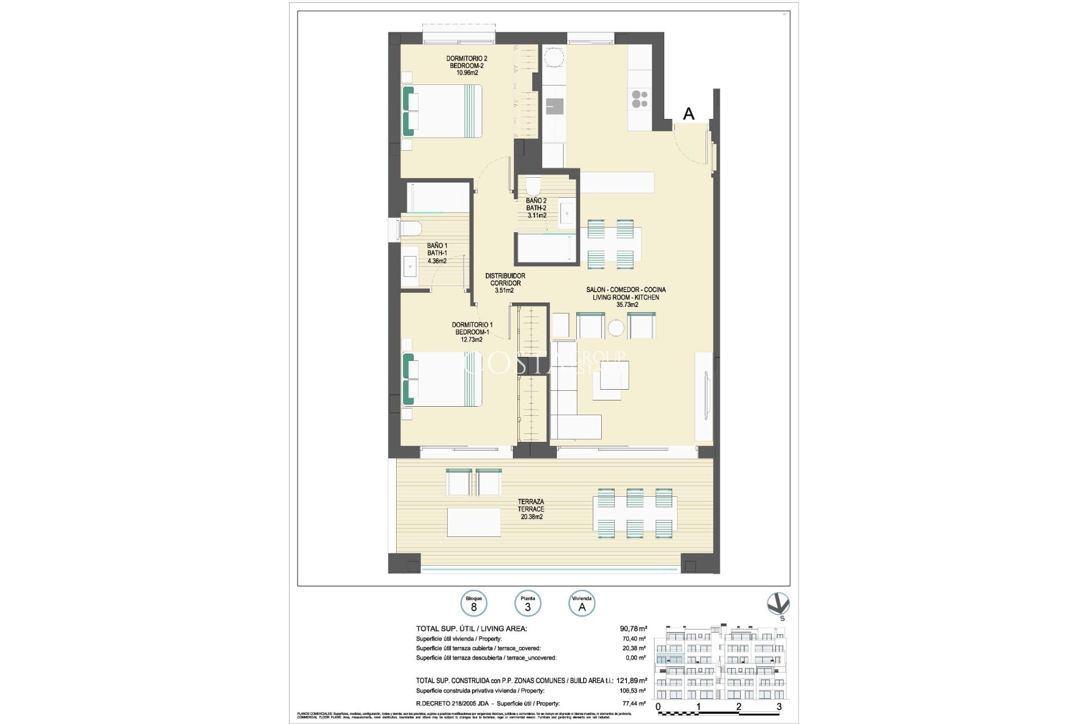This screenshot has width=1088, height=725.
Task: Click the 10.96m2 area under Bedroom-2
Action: (x=467, y=73)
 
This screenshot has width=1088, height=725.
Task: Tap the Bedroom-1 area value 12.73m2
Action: (x=471, y=340)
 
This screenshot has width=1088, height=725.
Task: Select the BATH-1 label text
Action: (x=437, y=253)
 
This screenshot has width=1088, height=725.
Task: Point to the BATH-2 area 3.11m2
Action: (x=536, y=216)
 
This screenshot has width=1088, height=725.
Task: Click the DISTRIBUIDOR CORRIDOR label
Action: (x=505, y=280)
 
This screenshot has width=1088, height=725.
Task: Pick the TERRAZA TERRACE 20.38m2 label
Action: (x=530, y=509)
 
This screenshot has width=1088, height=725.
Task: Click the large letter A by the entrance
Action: (x=688, y=114)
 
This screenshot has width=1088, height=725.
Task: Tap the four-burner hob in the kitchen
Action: (x=640, y=99)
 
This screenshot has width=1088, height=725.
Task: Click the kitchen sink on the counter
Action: (x=554, y=106)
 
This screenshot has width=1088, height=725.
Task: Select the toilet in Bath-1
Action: (x=409, y=229)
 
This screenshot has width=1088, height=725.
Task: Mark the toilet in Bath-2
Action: (x=533, y=185)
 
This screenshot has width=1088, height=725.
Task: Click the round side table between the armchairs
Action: (x=616, y=328)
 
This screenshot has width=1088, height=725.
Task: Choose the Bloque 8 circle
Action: (x=474, y=604)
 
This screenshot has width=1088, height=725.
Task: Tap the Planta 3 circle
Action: (x=528, y=604)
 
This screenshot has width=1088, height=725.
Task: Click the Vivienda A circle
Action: (x=581, y=604)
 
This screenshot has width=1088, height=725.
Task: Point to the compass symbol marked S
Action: (x=778, y=604)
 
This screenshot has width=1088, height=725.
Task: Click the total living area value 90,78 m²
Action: (x=633, y=629)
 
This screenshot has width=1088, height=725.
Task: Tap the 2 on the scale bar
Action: (x=738, y=706)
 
